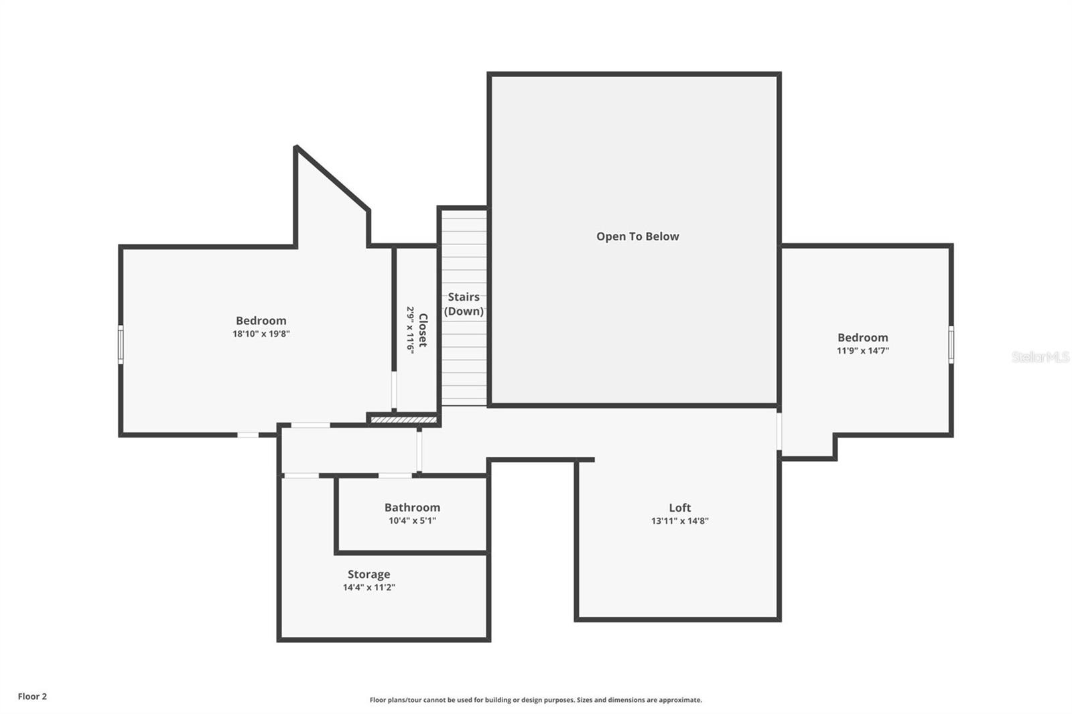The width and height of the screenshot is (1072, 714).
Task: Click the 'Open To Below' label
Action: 637,236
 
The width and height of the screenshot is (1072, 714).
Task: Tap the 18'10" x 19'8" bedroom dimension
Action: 261,334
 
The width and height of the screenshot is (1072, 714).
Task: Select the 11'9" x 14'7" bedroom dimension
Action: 862,350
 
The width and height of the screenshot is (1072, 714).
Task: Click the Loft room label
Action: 679,508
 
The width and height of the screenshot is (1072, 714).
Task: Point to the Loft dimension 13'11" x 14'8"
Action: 679,520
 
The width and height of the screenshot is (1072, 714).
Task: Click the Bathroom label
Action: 412,508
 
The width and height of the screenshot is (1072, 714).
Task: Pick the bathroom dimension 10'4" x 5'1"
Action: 412,520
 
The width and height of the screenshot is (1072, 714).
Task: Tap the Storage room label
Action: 368,574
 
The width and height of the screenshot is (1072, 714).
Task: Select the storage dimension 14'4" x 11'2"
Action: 368,587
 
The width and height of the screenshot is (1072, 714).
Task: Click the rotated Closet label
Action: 423,330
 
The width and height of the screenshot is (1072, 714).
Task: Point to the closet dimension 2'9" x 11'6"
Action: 410,330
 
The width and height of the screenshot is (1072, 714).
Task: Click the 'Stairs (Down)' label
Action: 464,304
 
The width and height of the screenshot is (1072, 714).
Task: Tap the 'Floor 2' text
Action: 32,697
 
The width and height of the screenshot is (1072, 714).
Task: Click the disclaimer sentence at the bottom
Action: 535,700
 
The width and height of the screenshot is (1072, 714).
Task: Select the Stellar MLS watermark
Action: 1040,357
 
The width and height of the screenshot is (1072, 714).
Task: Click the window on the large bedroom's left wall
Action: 121,344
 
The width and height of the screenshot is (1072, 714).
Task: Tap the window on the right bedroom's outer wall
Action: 951,344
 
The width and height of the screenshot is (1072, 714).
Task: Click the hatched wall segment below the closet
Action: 403,420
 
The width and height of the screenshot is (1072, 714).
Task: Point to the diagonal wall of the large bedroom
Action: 332,177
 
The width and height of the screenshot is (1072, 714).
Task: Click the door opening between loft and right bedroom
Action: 779,431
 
